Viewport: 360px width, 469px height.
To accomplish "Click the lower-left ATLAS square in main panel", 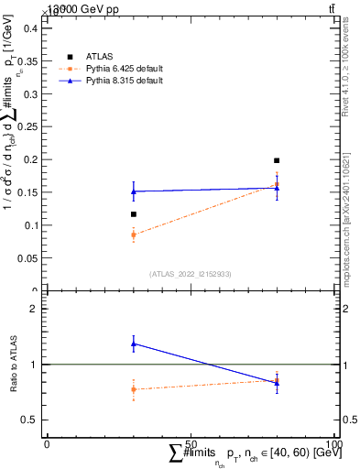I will (134, 214).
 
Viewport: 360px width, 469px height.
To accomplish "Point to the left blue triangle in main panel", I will (134, 191).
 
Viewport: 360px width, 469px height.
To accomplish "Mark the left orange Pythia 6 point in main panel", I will (134, 234).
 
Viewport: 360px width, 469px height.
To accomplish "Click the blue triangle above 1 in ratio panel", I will (134, 344).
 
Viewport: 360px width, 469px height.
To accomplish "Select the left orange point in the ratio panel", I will (134, 389).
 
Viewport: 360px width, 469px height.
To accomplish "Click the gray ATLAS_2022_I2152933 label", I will (191, 273).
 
